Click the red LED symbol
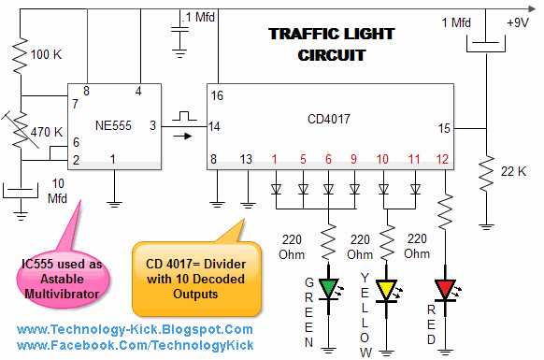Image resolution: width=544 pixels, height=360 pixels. coord(446,286)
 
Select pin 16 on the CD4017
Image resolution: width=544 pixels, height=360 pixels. coord(218,95)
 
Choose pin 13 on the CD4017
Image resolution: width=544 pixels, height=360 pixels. coord(247,160)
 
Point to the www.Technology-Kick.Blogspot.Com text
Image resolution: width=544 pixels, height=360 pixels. coord(135,330)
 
